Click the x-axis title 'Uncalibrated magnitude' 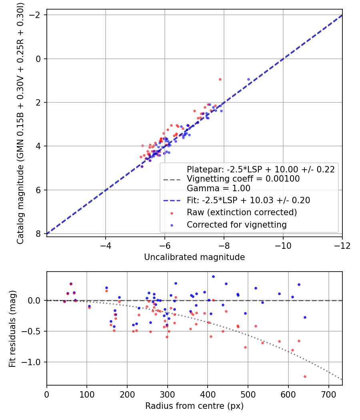(194, 257)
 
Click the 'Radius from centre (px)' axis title (194, 406)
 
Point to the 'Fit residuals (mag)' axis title (12, 328)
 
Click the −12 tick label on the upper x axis (342, 245)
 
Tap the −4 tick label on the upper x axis (106, 245)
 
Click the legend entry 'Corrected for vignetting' (236, 225)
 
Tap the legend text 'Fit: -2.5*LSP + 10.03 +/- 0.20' (248, 200)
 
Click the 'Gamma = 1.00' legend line (218, 188)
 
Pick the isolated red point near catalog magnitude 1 (220, 79)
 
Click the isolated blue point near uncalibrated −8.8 (248, 79)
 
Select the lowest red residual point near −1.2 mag (305, 376)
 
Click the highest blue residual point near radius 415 (213, 276)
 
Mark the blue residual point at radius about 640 (305, 317)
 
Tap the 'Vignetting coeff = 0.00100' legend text (243, 179)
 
